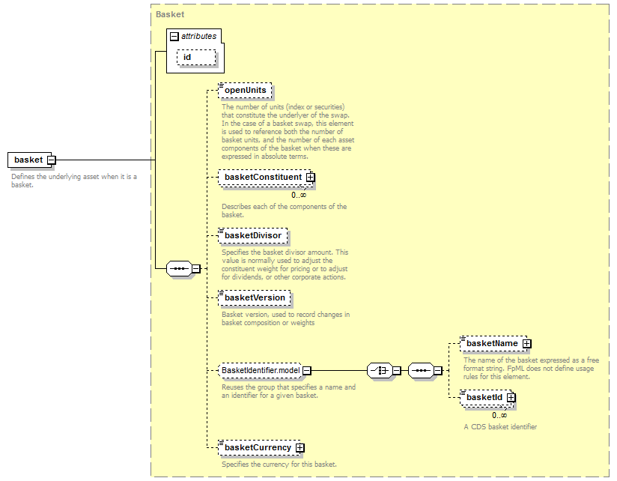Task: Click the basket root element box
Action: pyautogui.click(x=29, y=160)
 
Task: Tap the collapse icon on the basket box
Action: pyautogui.click(x=52, y=160)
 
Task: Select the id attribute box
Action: pyautogui.click(x=196, y=58)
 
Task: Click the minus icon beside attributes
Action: pyautogui.click(x=174, y=37)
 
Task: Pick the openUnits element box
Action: pyautogui.click(x=245, y=90)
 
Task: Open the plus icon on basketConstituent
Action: pyautogui.click(x=311, y=178)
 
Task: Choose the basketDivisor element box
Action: pyautogui.click(x=253, y=235)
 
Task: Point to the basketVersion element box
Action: pyautogui.click(x=255, y=298)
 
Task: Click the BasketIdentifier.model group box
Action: pyautogui.click(x=261, y=370)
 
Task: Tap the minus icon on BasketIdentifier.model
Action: pyautogui.click(x=307, y=371)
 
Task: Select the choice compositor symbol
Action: pyautogui.click(x=380, y=370)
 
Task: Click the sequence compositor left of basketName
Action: pyautogui.click(x=421, y=370)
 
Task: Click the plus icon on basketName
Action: pyautogui.click(x=527, y=344)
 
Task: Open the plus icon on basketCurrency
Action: pyautogui.click(x=300, y=448)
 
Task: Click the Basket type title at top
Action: pyautogui.click(x=170, y=14)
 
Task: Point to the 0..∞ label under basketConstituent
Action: pyautogui.click(x=299, y=196)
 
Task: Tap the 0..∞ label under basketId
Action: pyautogui.click(x=499, y=415)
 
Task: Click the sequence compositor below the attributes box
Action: pyautogui.click(x=180, y=268)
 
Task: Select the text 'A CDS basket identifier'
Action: pyautogui.click(x=500, y=426)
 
